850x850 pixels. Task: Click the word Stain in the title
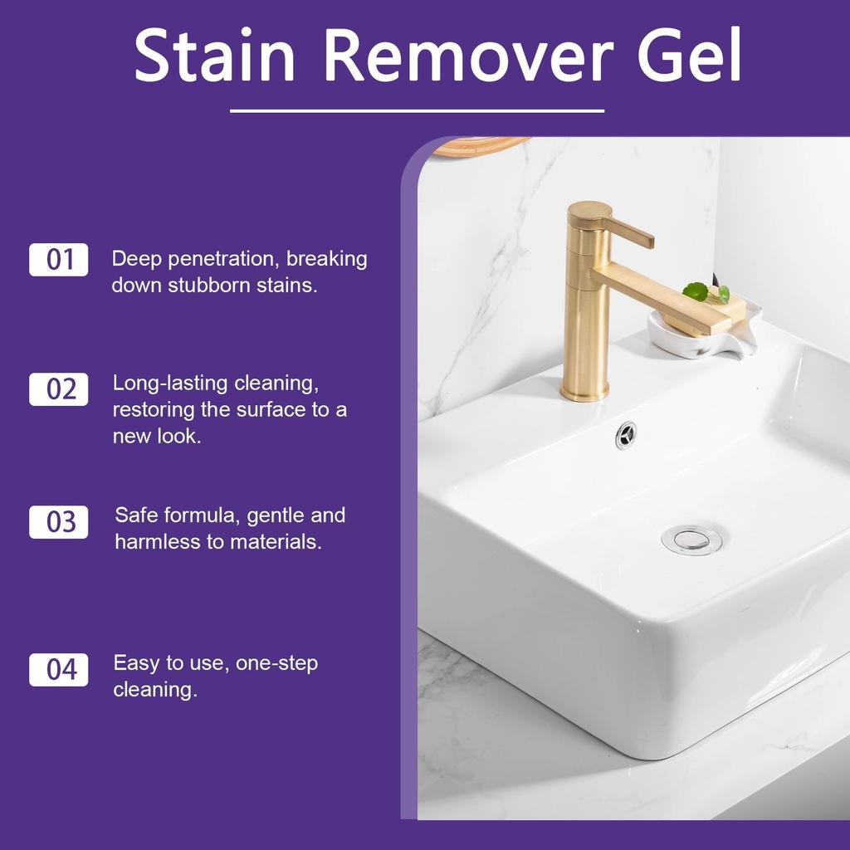(214, 56)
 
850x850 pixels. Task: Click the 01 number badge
(59, 260)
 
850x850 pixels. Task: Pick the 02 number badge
(59, 388)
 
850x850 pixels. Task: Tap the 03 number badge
(59, 522)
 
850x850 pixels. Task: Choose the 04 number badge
(59, 669)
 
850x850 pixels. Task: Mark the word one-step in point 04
(276, 663)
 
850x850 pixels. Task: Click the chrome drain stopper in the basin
(691, 539)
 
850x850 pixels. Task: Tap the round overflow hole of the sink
(626, 433)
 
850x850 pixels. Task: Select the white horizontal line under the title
(417, 110)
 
